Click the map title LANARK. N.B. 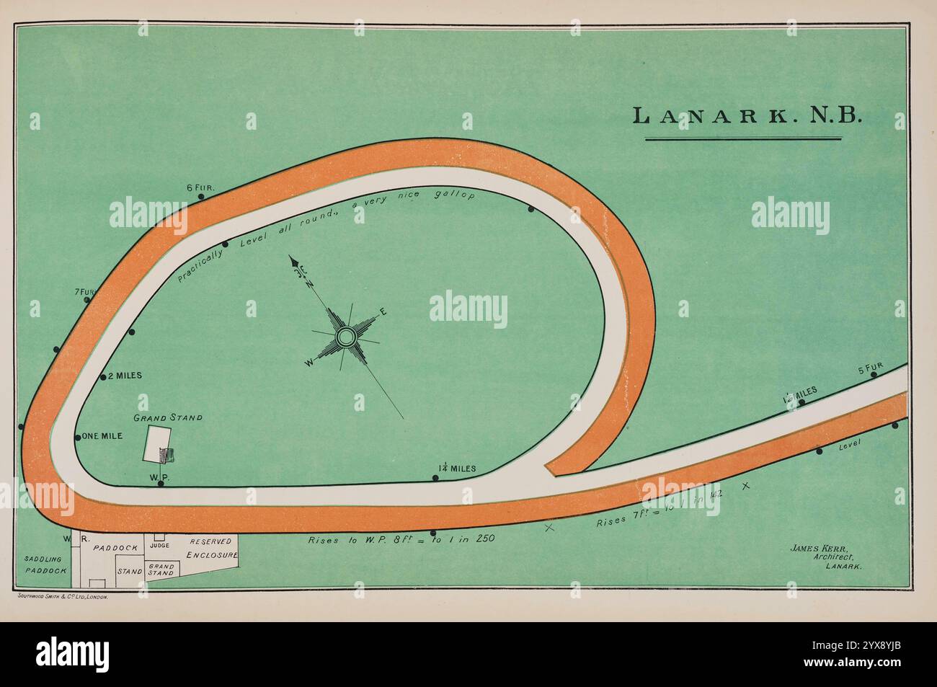(746, 116)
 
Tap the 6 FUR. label (200, 188)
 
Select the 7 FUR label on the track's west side (84, 292)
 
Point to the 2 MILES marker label (125, 376)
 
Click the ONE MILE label (102, 436)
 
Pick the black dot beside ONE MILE (78, 438)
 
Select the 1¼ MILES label (457, 469)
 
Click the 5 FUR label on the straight (870, 368)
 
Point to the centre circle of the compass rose (346, 336)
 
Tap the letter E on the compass (383, 312)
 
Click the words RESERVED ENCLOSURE (211, 549)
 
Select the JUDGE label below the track (159, 546)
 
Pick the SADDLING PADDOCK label (45, 564)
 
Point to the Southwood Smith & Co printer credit (61, 598)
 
